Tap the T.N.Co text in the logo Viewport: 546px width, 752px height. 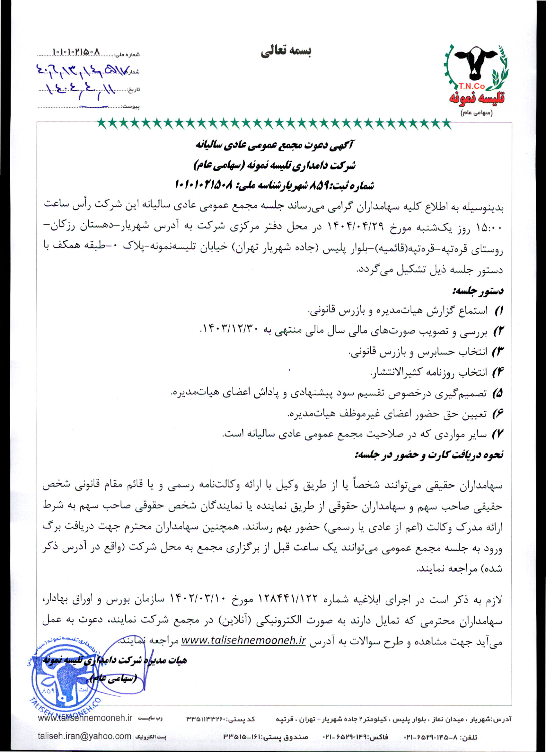(472, 86)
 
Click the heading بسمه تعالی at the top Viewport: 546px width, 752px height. (286, 51)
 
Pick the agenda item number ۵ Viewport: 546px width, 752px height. (498, 394)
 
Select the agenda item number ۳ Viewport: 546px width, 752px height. (498, 352)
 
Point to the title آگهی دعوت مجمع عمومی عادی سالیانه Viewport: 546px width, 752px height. (275, 145)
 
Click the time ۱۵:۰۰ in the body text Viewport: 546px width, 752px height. (489, 228)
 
